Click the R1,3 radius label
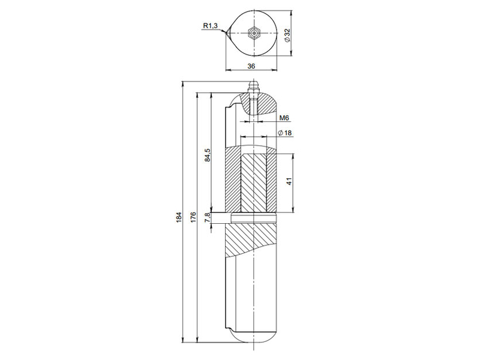(x=211, y=26)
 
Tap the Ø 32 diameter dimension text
(x=287, y=36)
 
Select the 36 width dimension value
(x=251, y=66)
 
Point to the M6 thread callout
(x=284, y=118)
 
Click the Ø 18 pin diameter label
(x=284, y=133)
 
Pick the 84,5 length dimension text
(x=207, y=155)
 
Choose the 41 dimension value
(x=289, y=181)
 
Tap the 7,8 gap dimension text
(x=207, y=217)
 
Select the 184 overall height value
(x=179, y=217)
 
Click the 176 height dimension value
(x=193, y=217)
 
